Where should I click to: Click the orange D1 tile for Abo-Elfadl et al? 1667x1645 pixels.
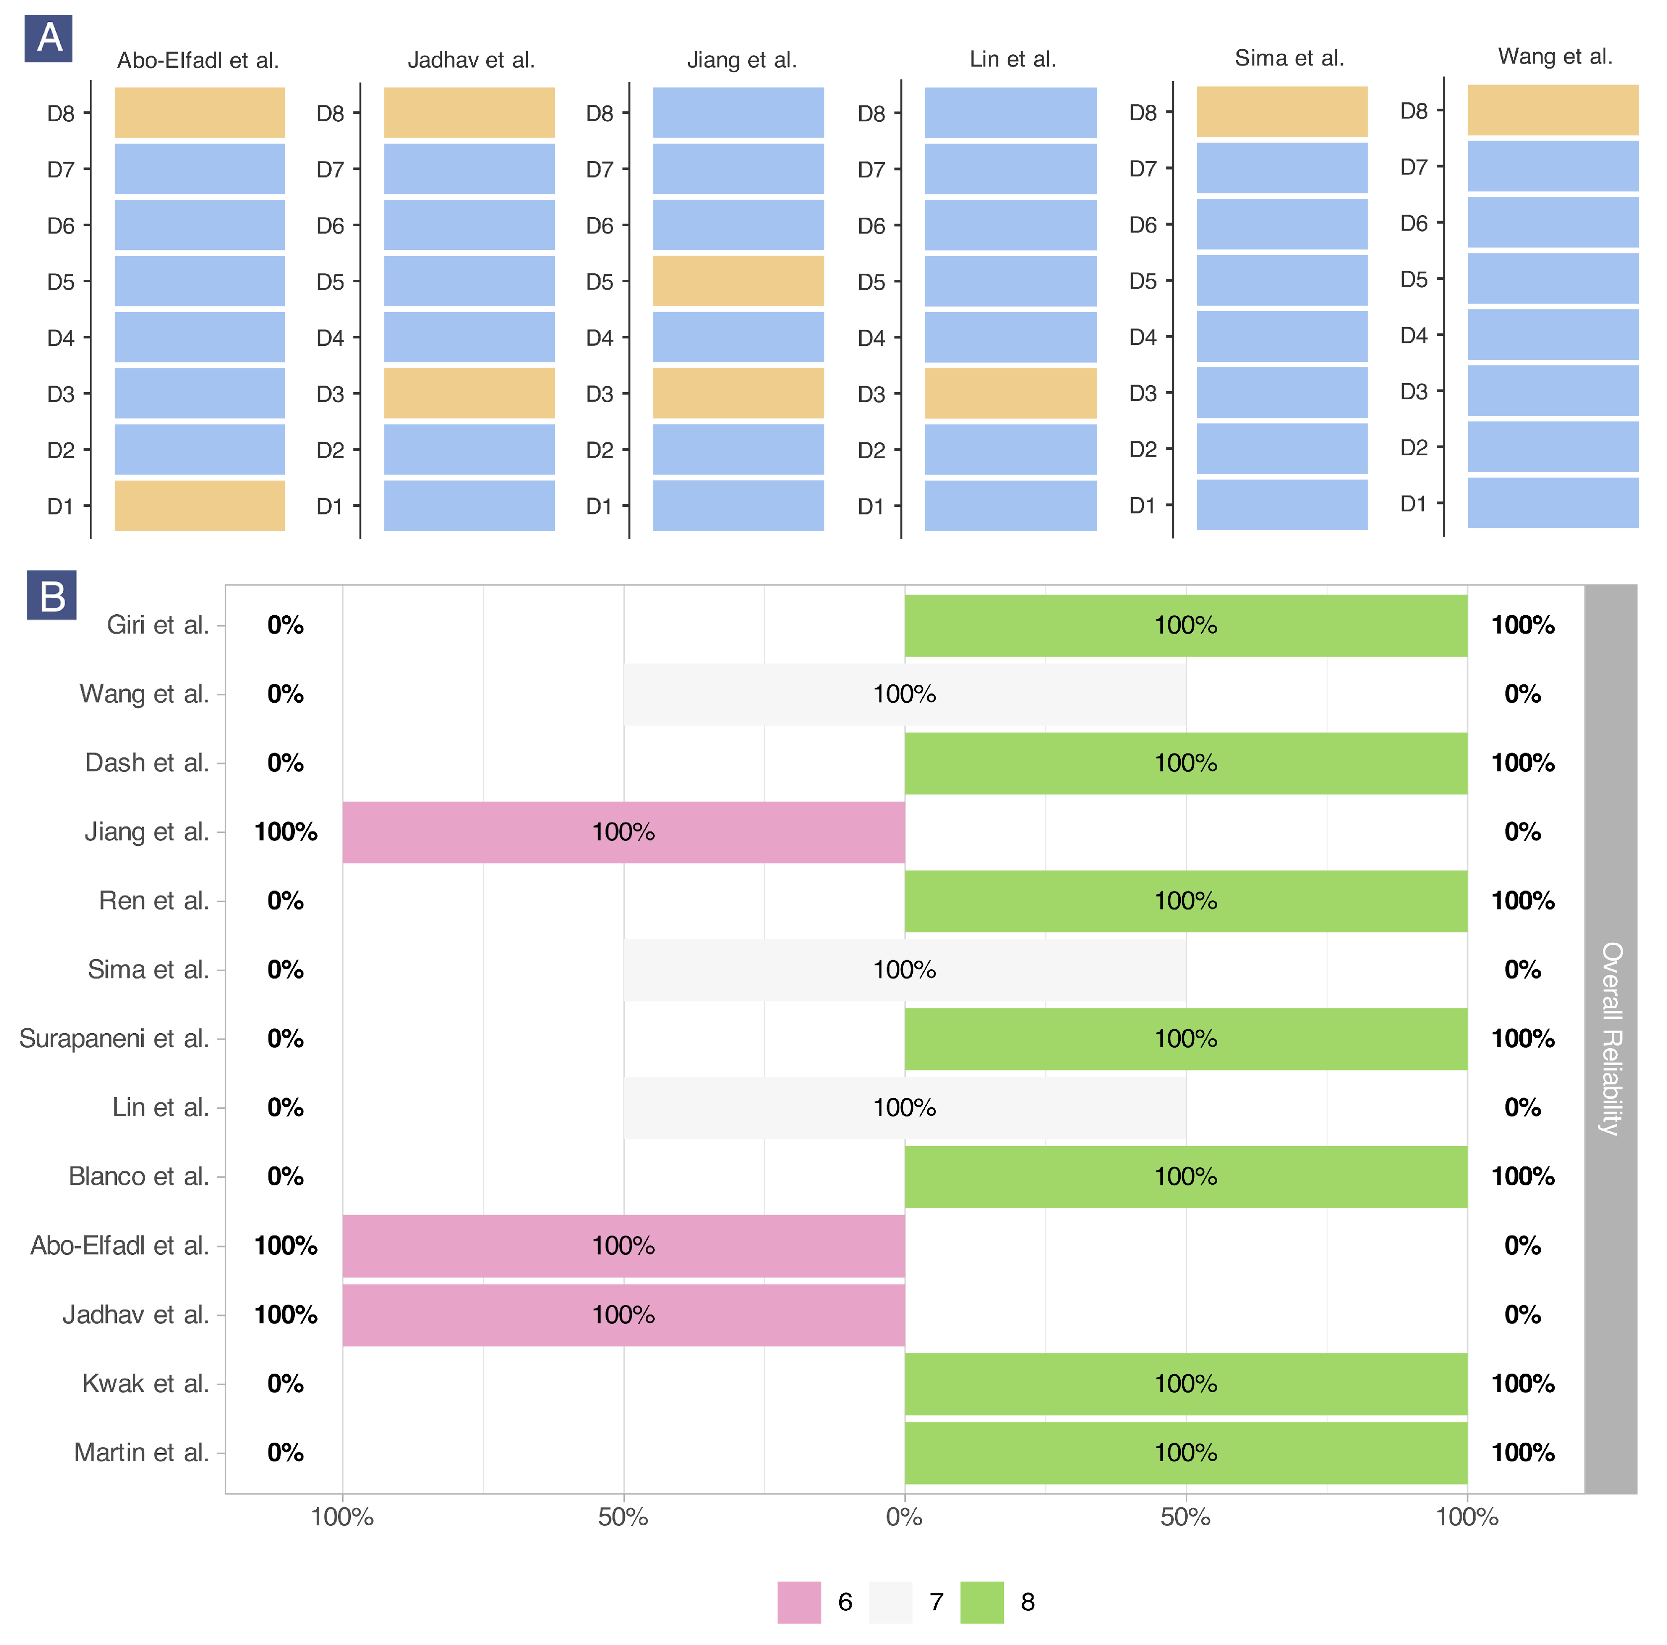click(199, 505)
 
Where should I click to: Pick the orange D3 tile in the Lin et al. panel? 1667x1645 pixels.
click(1010, 393)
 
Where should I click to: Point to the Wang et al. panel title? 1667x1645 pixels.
click(1555, 57)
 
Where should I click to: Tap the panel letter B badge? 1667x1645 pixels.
click(52, 595)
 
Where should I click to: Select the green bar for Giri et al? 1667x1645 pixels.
click(1186, 625)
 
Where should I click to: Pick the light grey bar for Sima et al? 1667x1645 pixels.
click(904, 970)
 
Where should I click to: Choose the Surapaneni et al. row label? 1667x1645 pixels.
click(114, 1039)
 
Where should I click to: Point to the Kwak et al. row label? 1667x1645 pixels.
click(145, 1384)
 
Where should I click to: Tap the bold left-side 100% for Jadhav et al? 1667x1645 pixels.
click(285, 1315)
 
